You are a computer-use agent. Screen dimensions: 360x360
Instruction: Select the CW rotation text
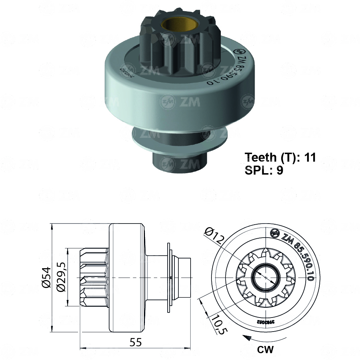pos(265,349)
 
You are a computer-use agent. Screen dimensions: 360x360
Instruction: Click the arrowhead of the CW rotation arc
pos(245,337)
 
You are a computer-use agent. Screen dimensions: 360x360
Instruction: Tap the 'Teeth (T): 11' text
pos(280,157)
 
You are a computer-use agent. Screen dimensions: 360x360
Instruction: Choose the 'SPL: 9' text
pos(264,170)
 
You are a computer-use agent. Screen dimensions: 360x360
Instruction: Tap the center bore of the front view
pos(265,278)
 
